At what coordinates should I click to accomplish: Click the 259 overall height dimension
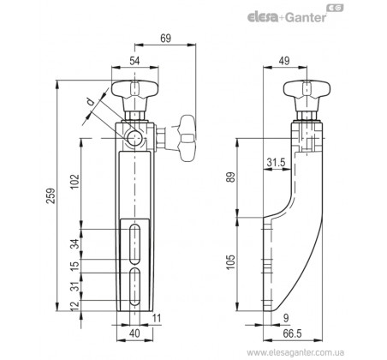[x=51, y=195]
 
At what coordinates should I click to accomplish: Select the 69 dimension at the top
[x=165, y=39]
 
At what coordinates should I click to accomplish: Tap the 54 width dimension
[x=134, y=61]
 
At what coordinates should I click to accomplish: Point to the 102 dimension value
[x=74, y=182]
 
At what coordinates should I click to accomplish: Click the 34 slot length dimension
[x=74, y=244]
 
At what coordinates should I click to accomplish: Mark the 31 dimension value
[x=74, y=286]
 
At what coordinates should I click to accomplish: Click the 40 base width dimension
[x=134, y=333]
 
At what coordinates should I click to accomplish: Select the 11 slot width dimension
[x=157, y=318]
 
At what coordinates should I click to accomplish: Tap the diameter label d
[x=90, y=101]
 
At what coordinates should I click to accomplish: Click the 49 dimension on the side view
[x=284, y=61]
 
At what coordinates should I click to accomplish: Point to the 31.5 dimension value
[x=276, y=163]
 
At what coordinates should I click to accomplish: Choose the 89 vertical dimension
[x=231, y=177]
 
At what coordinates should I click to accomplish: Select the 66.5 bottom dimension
[x=292, y=333]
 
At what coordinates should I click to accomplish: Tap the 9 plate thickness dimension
[x=287, y=318]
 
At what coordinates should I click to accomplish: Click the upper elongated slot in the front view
[x=134, y=244]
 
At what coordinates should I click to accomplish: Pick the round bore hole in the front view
[x=134, y=139]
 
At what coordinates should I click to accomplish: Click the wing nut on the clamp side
[x=186, y=139]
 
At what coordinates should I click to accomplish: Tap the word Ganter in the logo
[x=306, y=17]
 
